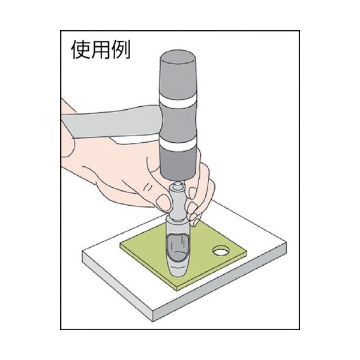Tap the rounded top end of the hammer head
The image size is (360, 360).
(179, 60)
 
